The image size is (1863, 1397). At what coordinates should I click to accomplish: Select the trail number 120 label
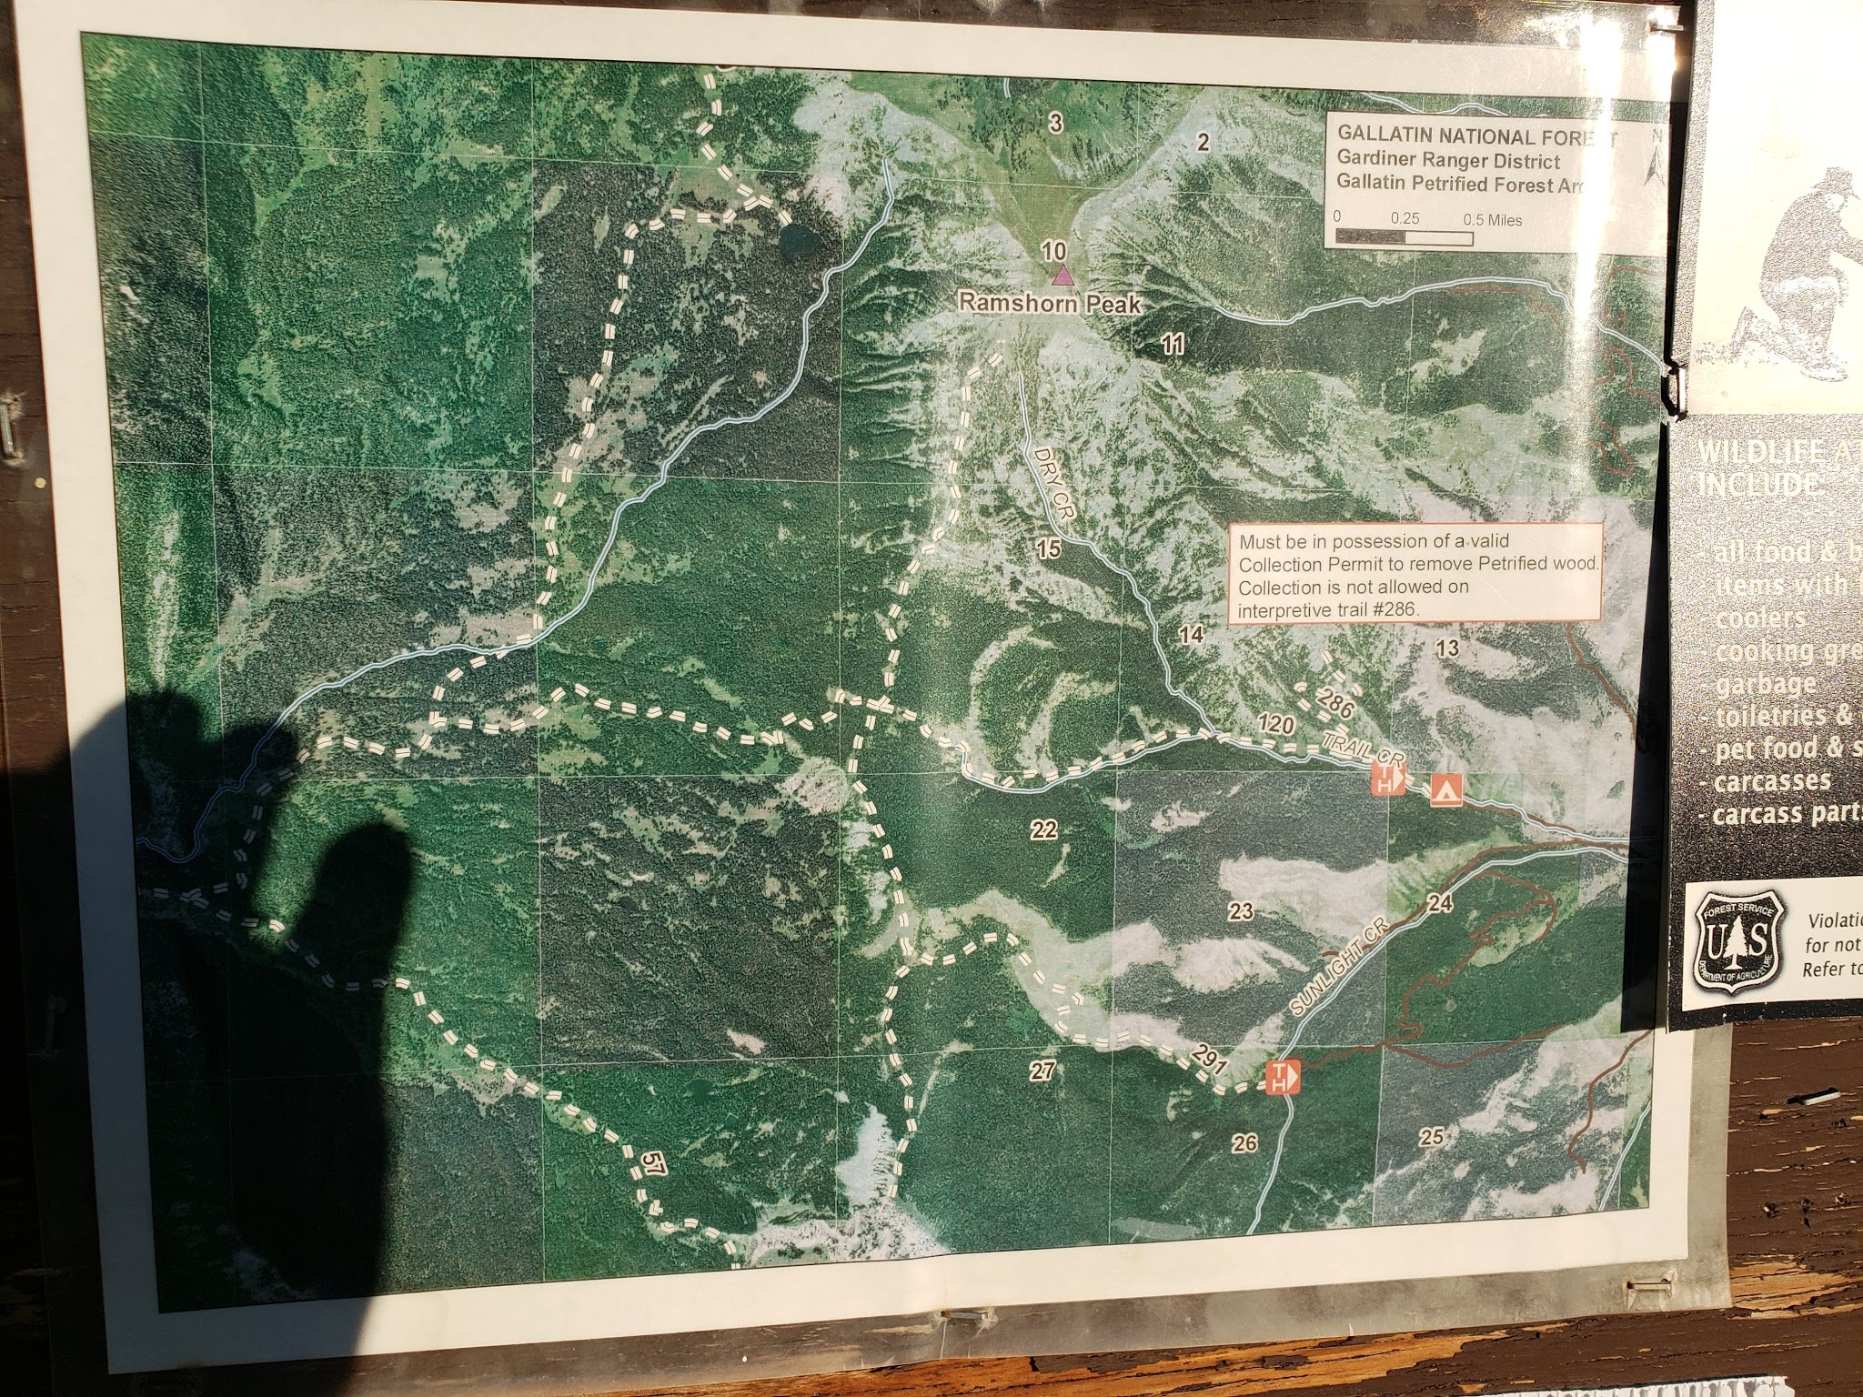(1275, 725)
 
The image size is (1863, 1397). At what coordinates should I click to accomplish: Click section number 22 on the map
(1044, 829)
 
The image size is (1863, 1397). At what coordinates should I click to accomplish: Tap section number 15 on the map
(1049, 548)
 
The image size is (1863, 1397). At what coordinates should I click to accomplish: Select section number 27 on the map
(1042, 1070)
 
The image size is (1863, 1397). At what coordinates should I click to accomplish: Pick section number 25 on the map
(1431, 1135)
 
